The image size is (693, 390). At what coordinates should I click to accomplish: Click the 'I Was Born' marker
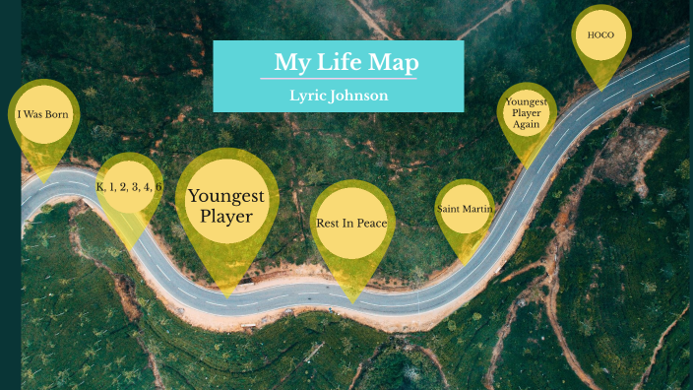coord(43,113)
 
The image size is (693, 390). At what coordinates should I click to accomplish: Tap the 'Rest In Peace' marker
coord(351,224)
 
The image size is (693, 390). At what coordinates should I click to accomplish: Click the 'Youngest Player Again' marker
coord(526,113)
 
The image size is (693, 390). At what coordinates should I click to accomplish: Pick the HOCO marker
coord(600,35)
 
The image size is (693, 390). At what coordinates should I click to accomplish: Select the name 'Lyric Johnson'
coord(338,96)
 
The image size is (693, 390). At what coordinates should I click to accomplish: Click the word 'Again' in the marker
coord(526,125)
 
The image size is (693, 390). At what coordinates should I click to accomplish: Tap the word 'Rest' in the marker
coord(329,224)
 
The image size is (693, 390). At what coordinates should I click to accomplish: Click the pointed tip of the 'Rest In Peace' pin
coord(350,301)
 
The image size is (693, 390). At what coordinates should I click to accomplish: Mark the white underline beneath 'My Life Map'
coord(338,79)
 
